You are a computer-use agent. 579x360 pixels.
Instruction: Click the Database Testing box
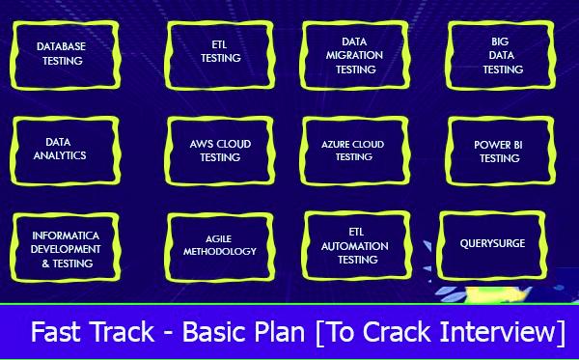tap(60, 53)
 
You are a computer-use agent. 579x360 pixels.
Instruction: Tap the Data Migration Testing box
tap(355, 55)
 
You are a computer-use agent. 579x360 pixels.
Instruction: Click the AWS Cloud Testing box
tap(220, 150)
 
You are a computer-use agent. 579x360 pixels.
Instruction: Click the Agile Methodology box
tap(220, 245)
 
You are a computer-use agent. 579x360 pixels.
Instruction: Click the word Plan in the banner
tap(277, 333)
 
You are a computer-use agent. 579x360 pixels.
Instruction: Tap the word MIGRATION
tap(355, 55)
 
